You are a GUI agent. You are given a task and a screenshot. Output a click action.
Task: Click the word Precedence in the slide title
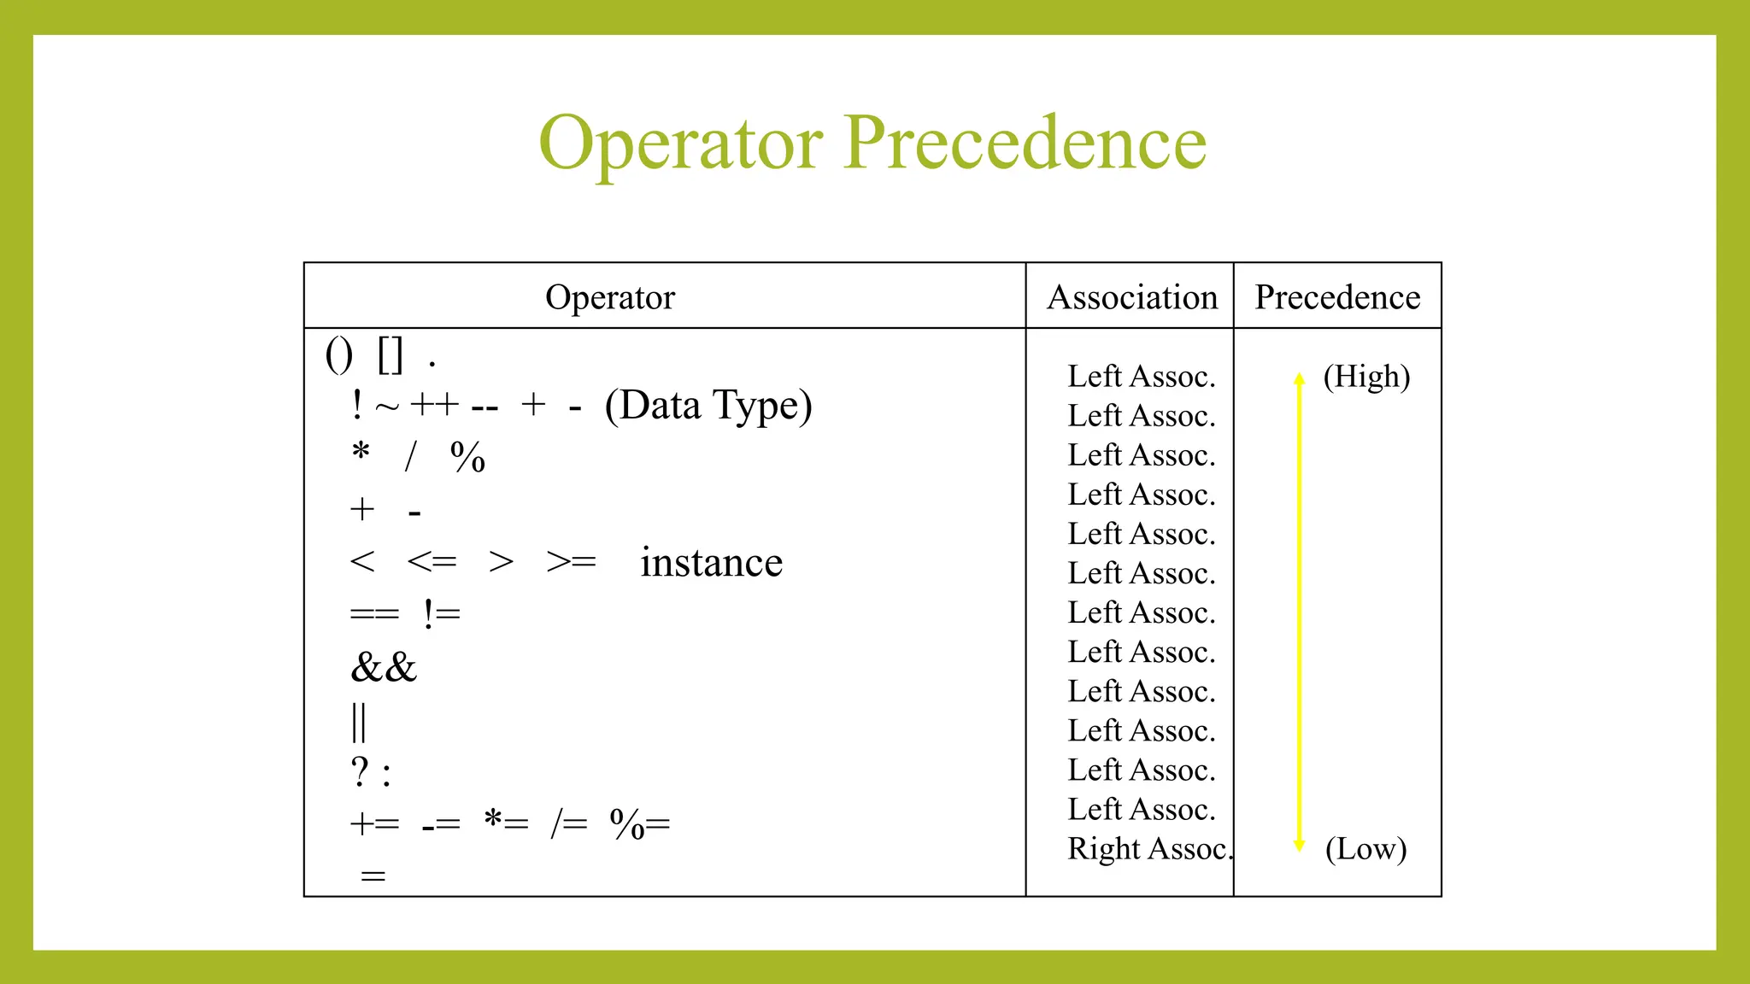click(1025, 143)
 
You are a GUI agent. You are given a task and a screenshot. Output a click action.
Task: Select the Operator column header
click(610, 297)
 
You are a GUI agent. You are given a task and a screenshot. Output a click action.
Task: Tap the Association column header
click(1132, 297)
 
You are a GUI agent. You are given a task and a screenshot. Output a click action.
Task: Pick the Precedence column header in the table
click(1337, 297)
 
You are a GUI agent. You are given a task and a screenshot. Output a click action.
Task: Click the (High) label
click(1366, 377)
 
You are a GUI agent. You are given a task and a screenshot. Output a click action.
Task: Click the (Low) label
click(1365, 849)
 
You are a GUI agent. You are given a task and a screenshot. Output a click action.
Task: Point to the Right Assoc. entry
click(1148, 849)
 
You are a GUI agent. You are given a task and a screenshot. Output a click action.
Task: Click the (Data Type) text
click(708, 406)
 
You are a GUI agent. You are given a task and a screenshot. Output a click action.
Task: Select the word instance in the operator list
click(711, 563)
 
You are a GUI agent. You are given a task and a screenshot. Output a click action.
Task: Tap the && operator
click(384, 667)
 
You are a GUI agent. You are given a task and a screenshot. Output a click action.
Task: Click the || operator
click(359, 723)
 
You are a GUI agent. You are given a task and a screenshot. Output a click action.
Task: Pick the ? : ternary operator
click(371, 773)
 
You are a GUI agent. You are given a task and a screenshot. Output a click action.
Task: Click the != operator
click(442, 614)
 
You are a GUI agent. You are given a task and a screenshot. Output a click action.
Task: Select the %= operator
click(640, 824)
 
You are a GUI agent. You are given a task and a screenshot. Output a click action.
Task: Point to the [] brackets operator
click(390, 354)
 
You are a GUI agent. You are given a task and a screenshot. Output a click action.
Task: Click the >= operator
click(571, 563)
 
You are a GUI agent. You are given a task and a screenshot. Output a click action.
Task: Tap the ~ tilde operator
click(387, 407)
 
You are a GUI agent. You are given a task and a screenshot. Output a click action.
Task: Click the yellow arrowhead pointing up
click(1300, 379)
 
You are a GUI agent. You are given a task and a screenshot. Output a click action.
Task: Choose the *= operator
click(506, 823)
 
